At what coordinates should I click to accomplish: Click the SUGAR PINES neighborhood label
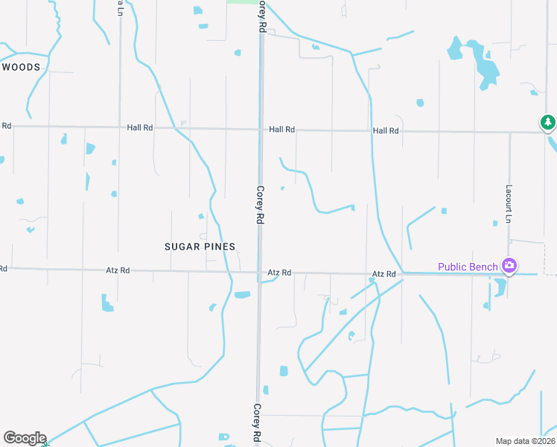click(x=200, y=247)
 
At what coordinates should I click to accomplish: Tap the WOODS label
click(x=20, y=67)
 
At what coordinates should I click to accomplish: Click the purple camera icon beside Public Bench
click(x=509, y=265)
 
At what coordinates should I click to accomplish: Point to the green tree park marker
click(x=548, y=121)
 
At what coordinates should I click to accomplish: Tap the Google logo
click(x=24, y=438)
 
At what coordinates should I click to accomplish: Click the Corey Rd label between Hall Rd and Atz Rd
click(x=261, y=206)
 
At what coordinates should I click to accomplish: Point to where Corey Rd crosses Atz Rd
click(x=260, y=273)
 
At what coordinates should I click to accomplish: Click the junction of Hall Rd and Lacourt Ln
click(x=509, y=133)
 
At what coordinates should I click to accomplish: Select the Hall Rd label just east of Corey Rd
click(x=282, y=130)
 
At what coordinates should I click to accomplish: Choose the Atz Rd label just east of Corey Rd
click(x=279, y=273)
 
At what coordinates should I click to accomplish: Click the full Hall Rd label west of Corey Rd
click(x=139, y=127)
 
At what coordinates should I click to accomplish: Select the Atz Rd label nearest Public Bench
click(x=385, y=275)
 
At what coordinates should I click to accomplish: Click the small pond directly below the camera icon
click(x=500, y=286)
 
